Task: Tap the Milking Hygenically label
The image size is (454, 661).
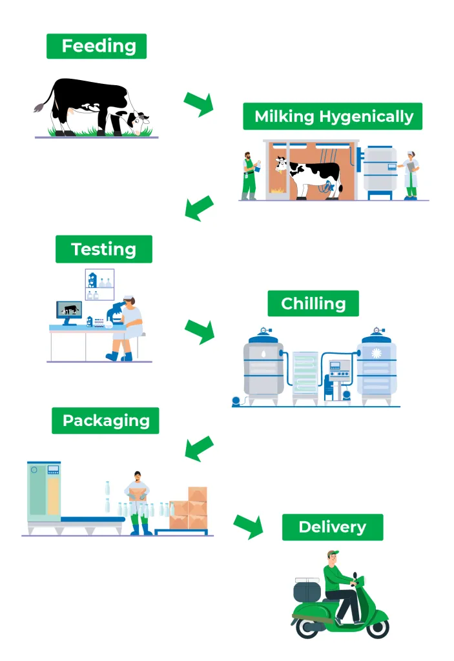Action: (333, 116)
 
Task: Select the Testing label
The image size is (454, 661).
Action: (103, 249)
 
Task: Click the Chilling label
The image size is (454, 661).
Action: (313, 303)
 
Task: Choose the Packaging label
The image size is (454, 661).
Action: (105, 421)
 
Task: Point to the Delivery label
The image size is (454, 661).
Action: (333, 527)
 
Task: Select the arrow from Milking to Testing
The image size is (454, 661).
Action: (199, 207)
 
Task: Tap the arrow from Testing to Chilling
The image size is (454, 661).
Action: (199, 330)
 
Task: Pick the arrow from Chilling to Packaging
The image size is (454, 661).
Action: (199, 447)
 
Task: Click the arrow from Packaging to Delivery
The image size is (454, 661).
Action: (249, 525)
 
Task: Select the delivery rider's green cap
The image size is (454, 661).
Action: (333, 554)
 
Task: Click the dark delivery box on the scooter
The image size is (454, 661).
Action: (307, 591)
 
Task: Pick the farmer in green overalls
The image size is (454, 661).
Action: (249, 176)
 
